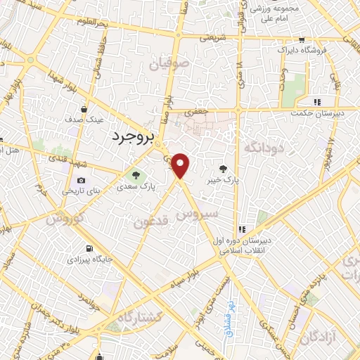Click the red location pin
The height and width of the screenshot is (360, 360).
(181, 165)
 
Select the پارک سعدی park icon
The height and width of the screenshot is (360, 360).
(134, 174)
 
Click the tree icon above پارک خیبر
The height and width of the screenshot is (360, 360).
(224, 168)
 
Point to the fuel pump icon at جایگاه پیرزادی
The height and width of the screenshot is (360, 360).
(89, 248)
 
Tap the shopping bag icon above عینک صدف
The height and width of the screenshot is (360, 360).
(84, 109)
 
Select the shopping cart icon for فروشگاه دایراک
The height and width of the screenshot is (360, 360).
(302, 40)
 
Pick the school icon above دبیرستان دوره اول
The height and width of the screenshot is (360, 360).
(242, 229)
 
